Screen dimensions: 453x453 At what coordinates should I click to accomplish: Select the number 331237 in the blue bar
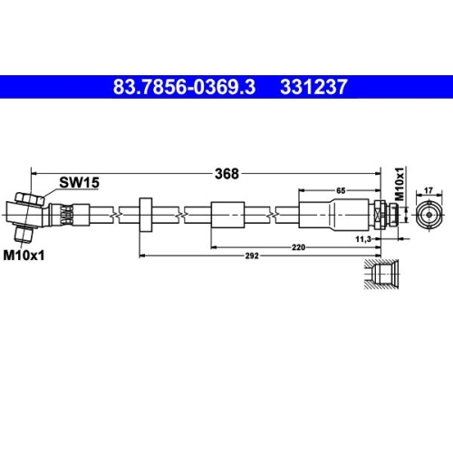click(313, 89)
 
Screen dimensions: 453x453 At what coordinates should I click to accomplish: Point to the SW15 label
click(79, 182)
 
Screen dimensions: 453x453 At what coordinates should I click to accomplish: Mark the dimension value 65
click(340, 191)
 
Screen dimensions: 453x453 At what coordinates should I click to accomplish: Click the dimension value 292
click(255, 256)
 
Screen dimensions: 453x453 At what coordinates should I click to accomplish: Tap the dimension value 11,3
click(364, 237)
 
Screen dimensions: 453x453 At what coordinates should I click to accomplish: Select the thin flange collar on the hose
click(144, 216)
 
